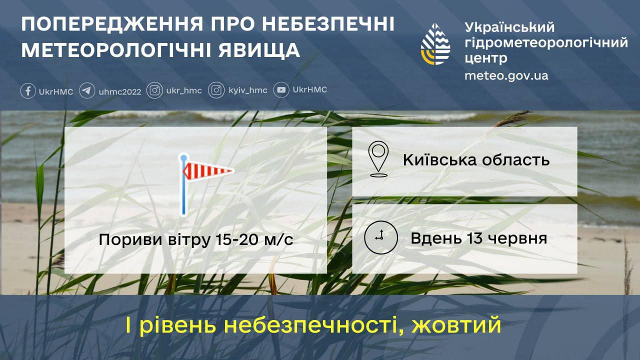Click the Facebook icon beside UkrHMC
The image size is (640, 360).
(28, 91)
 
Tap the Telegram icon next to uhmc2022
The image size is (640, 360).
(87, 91)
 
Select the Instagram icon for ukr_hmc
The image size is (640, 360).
(154, 90)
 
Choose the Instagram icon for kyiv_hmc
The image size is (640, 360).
(216, 90)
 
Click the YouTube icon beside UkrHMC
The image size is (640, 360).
(281, 90)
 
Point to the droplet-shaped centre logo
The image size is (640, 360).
(435, 44)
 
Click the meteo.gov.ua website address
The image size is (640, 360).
(506, 75)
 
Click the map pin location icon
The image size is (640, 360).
(378, 159)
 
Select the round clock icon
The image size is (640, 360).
(381, 237)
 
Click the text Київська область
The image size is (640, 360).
(476, 159)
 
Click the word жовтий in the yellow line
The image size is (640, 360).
(456, 325)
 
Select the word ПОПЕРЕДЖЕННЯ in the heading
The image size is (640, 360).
(112, 24)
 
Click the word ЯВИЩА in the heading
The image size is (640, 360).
(259, 50)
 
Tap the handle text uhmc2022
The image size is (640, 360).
(120, 91)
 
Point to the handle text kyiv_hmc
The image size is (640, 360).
(248, 90)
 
